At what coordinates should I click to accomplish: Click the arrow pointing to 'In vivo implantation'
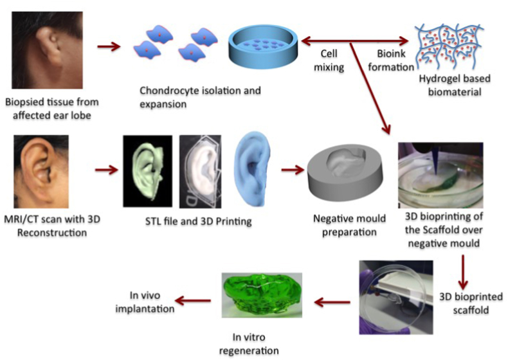[x=195, y=300]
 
